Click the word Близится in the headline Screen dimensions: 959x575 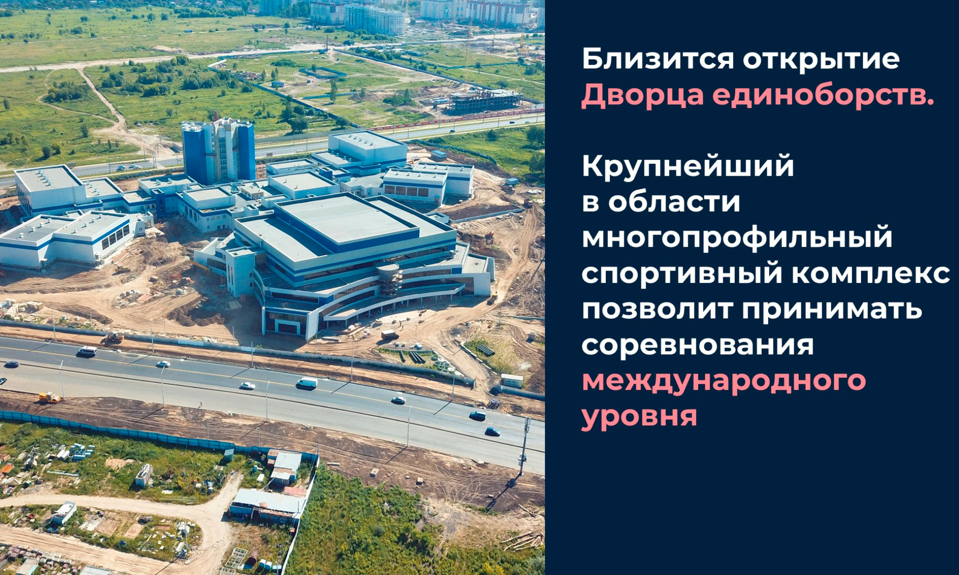pyautogui.click(x=658, y=60)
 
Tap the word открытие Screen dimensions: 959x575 pyautogui.click(x=821, y=59)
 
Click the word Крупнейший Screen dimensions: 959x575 pyautogui.click(x=688, y=166)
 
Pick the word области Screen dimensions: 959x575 pyautogui.click(x=674, y=202)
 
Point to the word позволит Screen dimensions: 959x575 pyautogui.click(x=657, y=309)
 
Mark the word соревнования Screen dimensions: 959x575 pyautogui.click(x=698, y=345)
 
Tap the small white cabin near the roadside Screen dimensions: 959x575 pyautogui.click(x=511, y=380)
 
